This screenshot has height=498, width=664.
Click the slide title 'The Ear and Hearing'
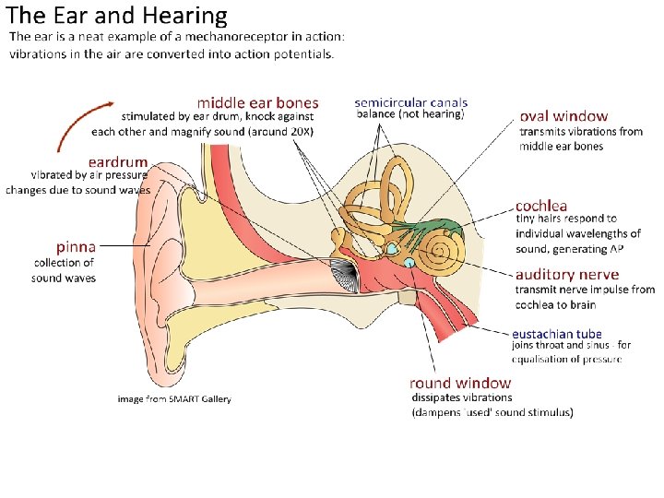coord(116,16)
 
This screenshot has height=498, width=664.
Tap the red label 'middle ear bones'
coord(257,103)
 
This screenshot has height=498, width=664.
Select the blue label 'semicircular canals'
coord(411,103)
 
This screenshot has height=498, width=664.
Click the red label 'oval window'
coord(563,116)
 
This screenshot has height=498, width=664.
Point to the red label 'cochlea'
coord(541,206)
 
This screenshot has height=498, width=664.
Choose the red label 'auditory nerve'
coord(567,275)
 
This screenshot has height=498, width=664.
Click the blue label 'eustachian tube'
coord(557,333)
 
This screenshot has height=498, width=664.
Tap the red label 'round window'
coord(460,383)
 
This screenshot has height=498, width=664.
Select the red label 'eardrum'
coord(117,161)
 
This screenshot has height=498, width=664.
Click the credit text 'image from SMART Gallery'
coord(174,399)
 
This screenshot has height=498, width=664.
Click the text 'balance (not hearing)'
coord(410,115)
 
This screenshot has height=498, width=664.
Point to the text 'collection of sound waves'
coord(64,270)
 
